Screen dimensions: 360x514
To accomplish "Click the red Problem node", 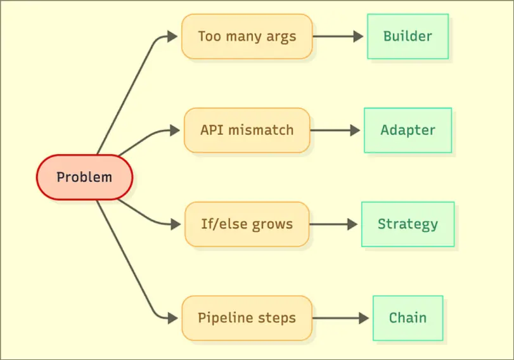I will click(84, 177).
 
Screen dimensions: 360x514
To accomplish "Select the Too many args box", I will click(247, 37).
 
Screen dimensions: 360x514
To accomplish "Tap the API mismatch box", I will click(247, 131).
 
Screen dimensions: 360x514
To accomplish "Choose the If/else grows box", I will click(247, 224).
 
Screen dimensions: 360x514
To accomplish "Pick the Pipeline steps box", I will click(247, 318).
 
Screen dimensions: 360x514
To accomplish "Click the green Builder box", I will click(408, 37).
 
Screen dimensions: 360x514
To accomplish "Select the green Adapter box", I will click(408, 131).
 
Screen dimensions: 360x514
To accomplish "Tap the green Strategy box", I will click(408, 224).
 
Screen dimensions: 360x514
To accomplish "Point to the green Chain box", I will click(408, 318).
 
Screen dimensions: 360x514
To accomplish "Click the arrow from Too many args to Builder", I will click(339, 37).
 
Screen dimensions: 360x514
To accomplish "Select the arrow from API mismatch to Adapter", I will click(336, 131).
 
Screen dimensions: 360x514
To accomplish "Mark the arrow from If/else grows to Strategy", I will click(335, 224).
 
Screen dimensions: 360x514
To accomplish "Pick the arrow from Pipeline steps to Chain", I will click(341, 318).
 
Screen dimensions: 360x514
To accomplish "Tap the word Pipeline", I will click(221, 318).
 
